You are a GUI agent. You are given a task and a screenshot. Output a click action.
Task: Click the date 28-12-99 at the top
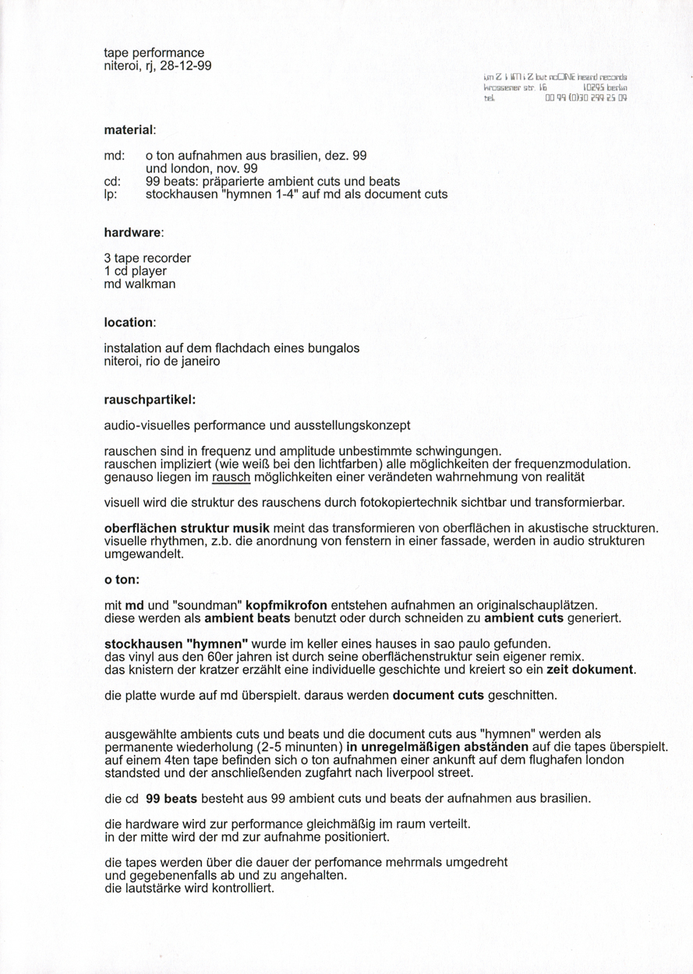pyautogui.click(x=186, y=66)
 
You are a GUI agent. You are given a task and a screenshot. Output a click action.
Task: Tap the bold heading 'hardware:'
pyautogui.click(x=133, y=232)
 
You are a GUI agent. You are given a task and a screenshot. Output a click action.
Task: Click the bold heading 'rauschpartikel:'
pyautogui.click(x=150, y=399)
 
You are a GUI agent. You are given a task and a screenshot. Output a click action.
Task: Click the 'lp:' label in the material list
pyautogui.click(x=110, y=194)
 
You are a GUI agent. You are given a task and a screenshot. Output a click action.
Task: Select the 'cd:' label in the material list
pyautogui.click(x=111, y=182)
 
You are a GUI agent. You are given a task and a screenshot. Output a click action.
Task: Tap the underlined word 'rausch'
pyautogui.click(x=232, y=476)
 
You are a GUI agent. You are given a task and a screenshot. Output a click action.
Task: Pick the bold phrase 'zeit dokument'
pyautogui.click(x=591, y=669)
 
